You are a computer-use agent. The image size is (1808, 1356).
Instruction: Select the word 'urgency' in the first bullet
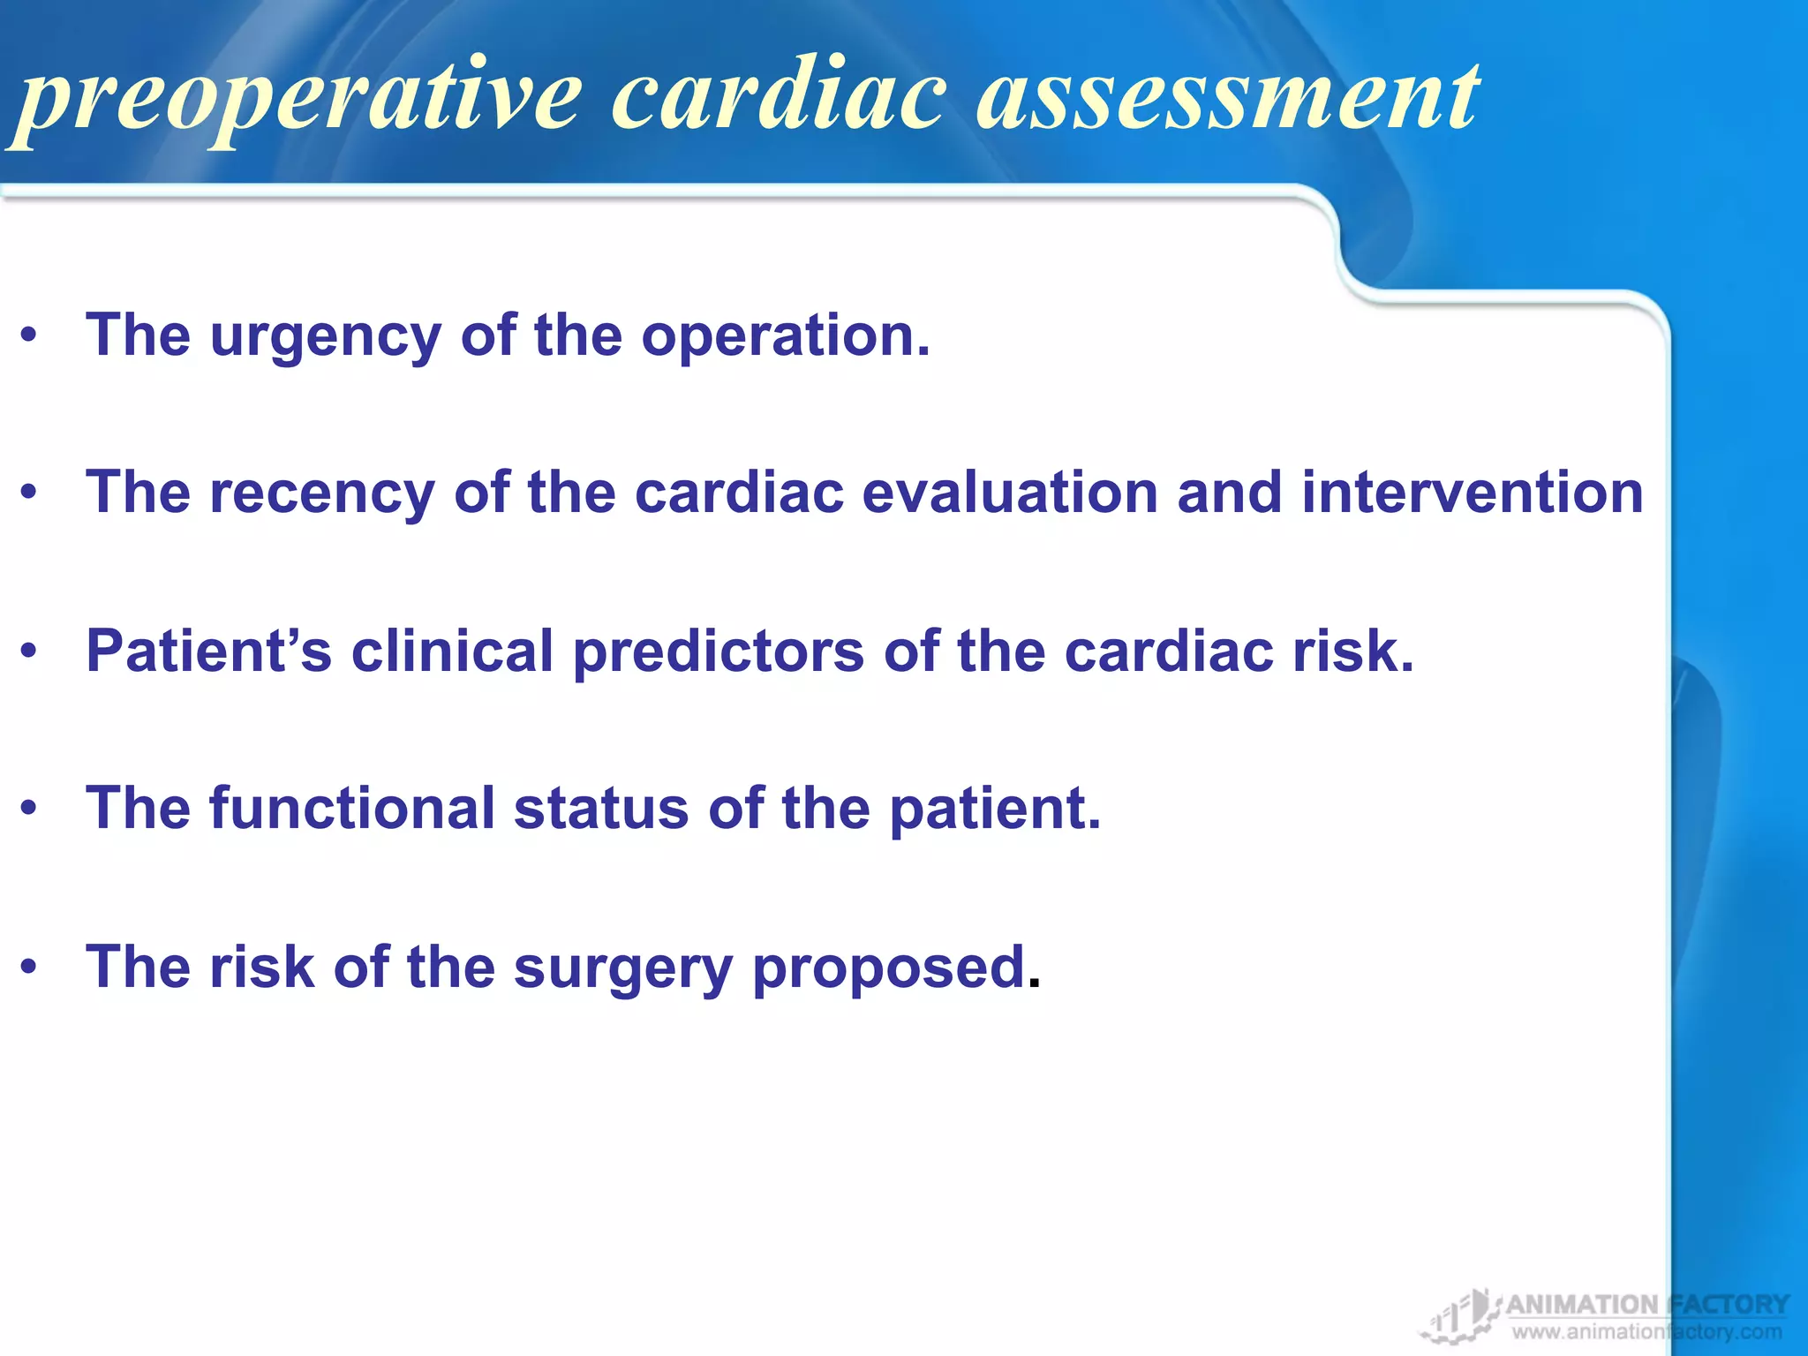pyautogui.click(x=325, y=337)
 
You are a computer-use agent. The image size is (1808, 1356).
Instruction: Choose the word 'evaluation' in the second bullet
pyautogui.click(x=1009, y=492)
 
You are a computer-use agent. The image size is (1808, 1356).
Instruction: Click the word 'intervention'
pyautogui.click(x=1472, y=492)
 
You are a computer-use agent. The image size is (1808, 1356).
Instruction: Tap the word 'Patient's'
pyautogui.click(x=208, y=651)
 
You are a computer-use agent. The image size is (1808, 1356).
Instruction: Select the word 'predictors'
pyautogui.click(x=719, y=652)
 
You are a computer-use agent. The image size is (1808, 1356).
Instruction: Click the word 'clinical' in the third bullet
pyautogui.click(x=452, y=651)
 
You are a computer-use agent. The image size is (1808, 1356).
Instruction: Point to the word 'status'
pyautogui.click(x=600, y=808)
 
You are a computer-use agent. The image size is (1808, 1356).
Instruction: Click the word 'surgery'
pyautogui.click(x=623, y=968)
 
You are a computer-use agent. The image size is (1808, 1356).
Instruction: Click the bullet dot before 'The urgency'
pyautogui.click(x=29, y=336)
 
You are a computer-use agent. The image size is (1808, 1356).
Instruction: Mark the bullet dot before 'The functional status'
pyautogui.click(x=29, y=808)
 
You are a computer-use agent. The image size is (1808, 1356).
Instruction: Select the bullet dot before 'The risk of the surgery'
pyautogui.click(x=29, y=967)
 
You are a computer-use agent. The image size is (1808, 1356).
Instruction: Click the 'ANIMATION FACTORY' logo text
pyautogui.click(x=1646, y=1304)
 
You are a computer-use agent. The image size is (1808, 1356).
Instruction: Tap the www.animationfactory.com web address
pyautogui.click(x=1646, y=1332)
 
